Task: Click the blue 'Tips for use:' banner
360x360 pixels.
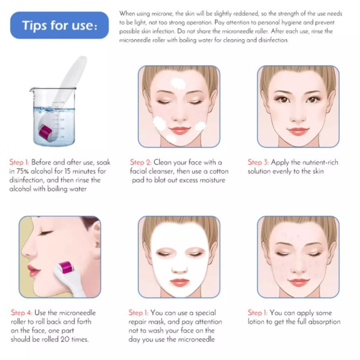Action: coord(60,25)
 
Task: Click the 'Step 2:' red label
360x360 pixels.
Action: coord(140,162)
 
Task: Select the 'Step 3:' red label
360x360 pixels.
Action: coord(258,162)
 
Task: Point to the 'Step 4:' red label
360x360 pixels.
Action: coord(21,313)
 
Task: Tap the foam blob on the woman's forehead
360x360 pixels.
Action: coord(178,83)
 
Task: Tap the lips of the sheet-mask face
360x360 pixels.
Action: coord(179,282)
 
